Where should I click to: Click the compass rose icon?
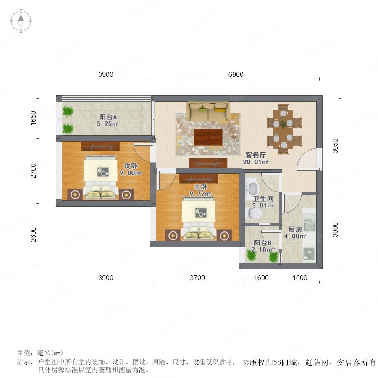[21, 21]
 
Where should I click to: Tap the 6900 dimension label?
[236, 74]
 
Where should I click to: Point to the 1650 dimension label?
[33, 118]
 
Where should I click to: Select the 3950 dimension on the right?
[335, 146]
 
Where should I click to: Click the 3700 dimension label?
[197, 278]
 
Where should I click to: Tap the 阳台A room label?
[108, 117]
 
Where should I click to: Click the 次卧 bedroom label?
[131, 166]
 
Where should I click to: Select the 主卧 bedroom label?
[201, 186]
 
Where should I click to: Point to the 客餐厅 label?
[255, 155]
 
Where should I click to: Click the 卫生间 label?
[263, 199]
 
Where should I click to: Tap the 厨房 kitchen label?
[295, 229]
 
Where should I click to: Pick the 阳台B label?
[262, 243]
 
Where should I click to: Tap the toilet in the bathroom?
[255, 213]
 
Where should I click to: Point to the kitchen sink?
[309, 226]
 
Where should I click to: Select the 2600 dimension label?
[33, 234]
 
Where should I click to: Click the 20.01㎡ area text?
[255, 162]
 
